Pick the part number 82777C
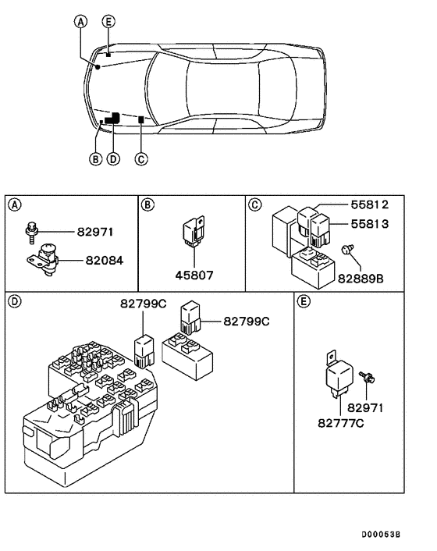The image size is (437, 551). pos(340,423)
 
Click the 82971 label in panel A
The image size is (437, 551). pos(94,232)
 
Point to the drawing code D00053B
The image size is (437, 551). pos(380,535)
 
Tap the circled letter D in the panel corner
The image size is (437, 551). pos(14,300)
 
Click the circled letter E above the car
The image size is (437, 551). pos(108,20)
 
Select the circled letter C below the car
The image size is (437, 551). pos(140,159)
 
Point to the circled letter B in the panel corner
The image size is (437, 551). pos(147,204)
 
